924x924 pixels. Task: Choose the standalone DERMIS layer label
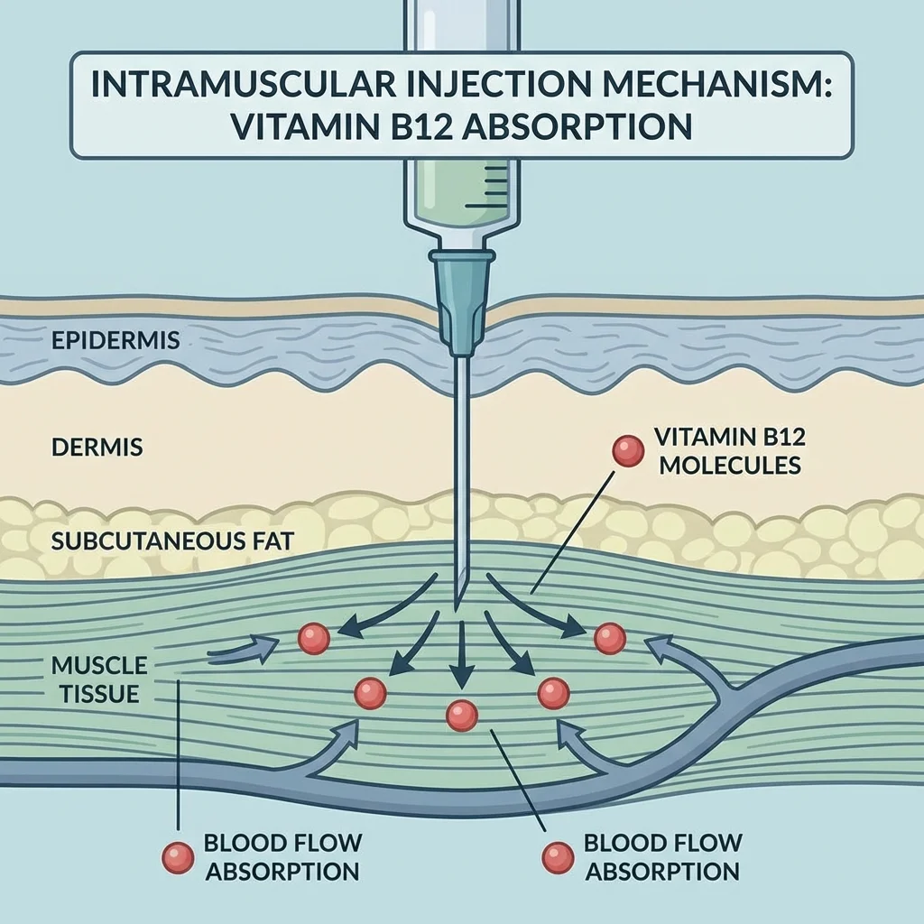pyautogui.click(x=97, y=448)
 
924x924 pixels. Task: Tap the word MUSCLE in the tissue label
pyautogui.click(x=99, y=666)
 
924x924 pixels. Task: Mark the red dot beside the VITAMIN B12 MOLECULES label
pyautogui.click(x=625, y=452)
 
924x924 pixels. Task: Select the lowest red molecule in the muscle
pyautogui.click(x=462, y=716)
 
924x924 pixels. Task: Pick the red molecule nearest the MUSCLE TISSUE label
pyautogui.click(x=313, y=639)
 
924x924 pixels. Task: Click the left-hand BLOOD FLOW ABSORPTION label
pyautogui.click(x=282, y=857)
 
